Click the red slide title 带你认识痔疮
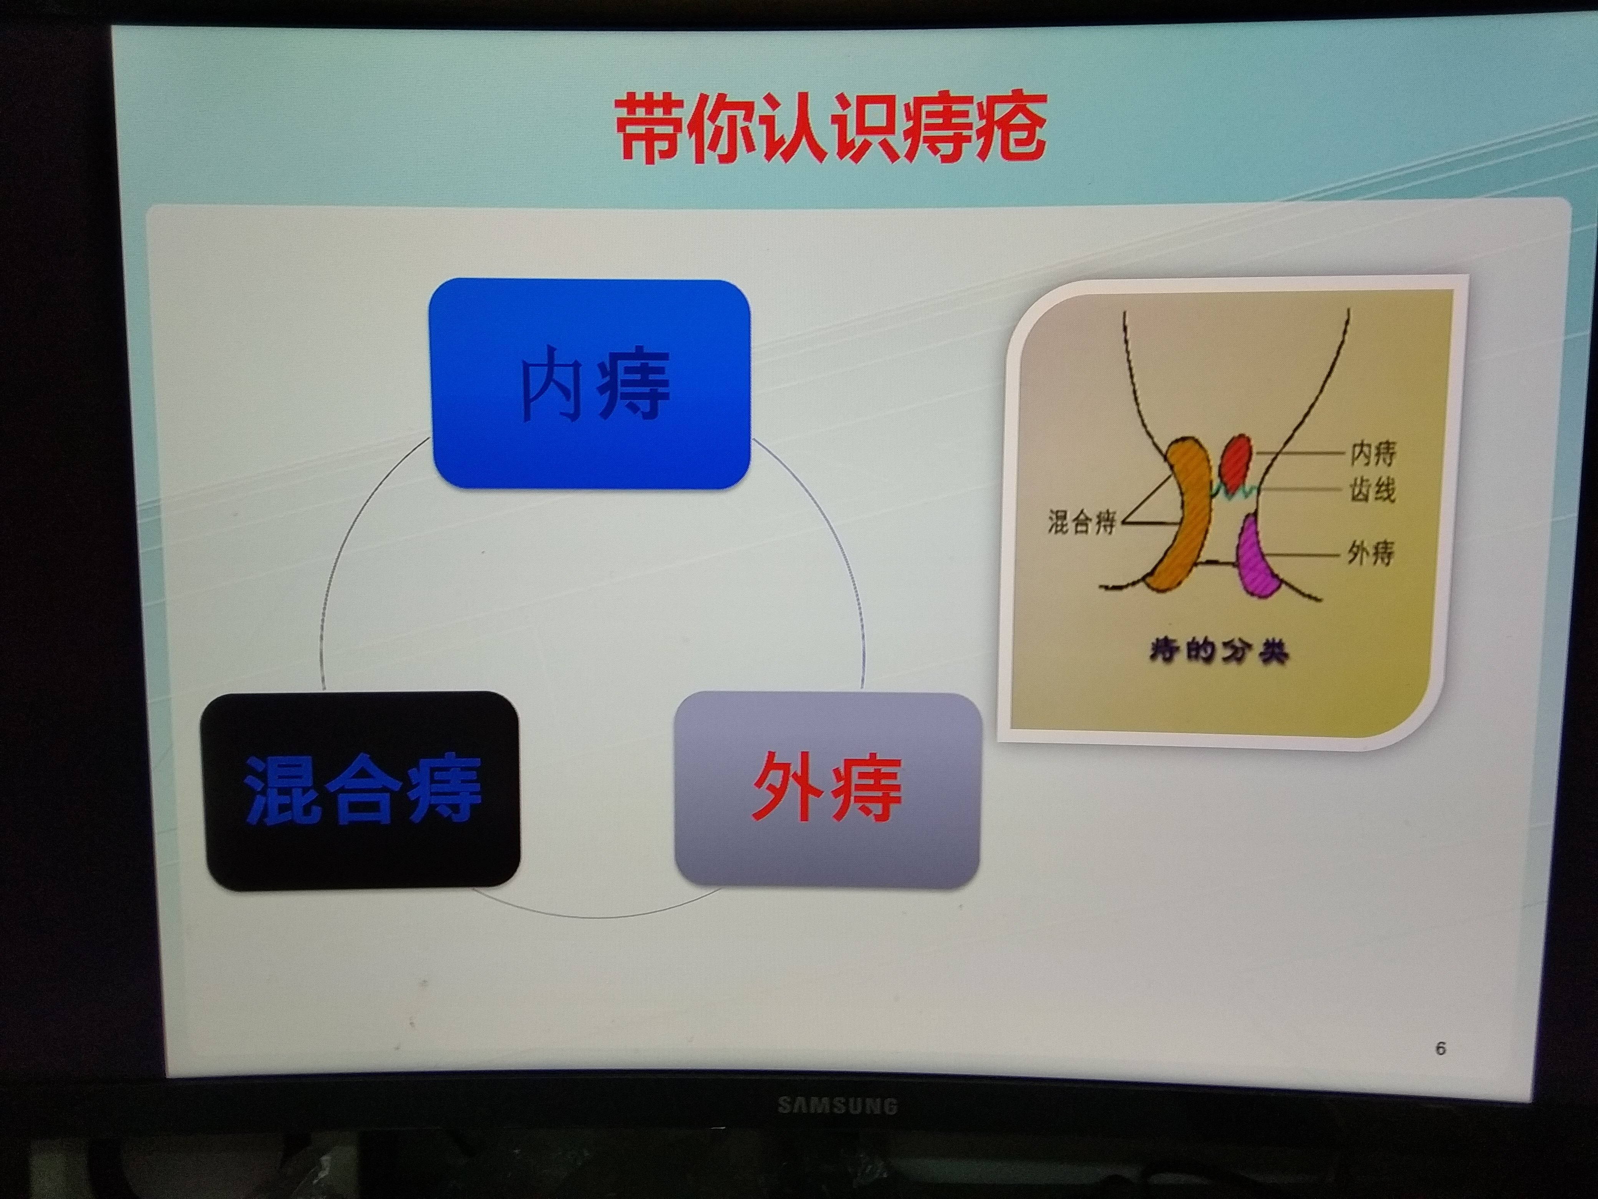click(831, 129)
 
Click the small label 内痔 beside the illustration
click(1373, 453)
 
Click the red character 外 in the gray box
click(787, 788)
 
